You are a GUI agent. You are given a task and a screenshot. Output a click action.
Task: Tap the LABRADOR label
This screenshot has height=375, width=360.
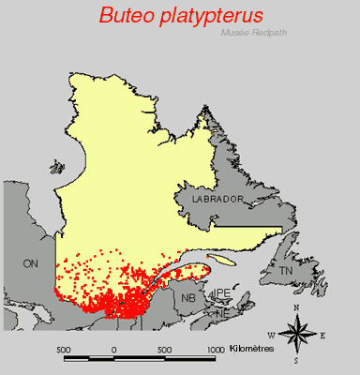coord(217,201)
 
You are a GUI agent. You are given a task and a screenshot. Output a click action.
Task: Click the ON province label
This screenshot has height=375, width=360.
coord(30,264)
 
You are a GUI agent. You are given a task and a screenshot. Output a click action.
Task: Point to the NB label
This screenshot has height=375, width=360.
coord(189,299)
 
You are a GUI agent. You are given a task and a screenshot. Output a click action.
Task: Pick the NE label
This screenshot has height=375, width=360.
coord(222,315)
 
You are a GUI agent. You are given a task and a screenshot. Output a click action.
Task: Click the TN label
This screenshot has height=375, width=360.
coord(286,271)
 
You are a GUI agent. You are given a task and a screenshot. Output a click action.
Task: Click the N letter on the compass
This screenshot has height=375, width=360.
coord(296,307)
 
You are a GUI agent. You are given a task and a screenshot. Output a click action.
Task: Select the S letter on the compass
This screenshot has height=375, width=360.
coord(296,360)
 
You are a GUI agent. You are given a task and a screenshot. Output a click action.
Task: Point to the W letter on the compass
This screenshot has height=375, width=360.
coord(272,335)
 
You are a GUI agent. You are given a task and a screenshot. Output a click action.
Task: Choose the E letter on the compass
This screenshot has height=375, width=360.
coord(322,335)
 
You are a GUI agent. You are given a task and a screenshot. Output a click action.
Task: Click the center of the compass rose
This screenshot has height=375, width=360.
coord(296,333)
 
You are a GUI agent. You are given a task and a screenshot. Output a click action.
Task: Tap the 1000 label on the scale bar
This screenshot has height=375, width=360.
coord(215,350)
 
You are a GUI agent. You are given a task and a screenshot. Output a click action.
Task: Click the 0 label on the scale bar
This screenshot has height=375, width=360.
coord(115,350)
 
